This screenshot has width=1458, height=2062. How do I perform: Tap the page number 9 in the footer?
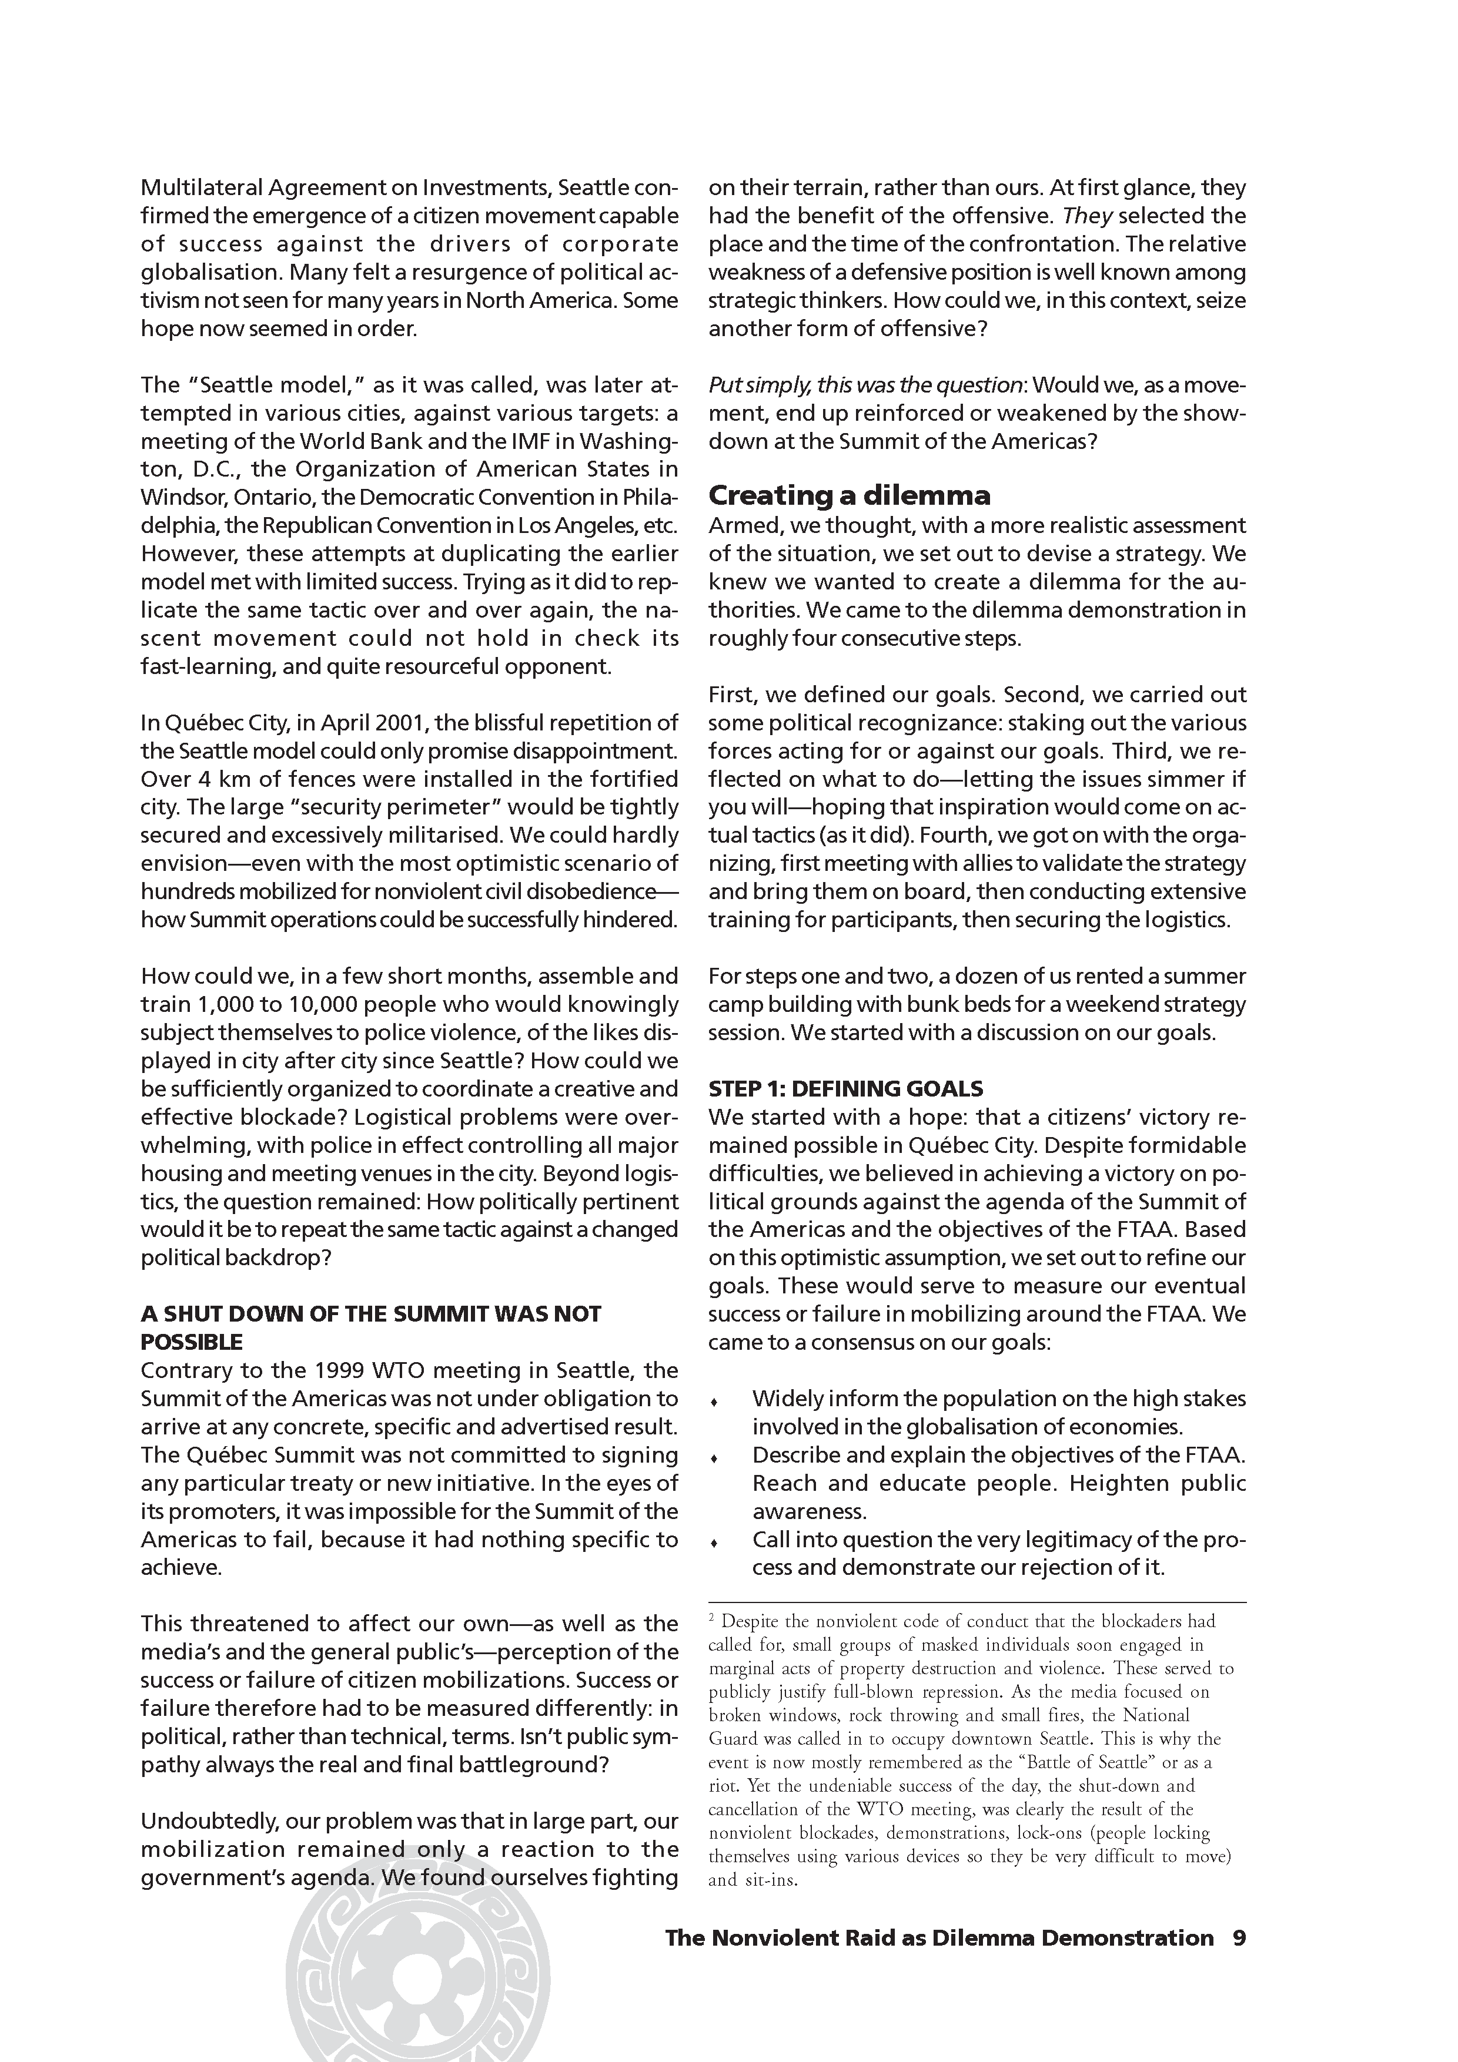1239,1938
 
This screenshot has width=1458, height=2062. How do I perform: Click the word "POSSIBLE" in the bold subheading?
191,1343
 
